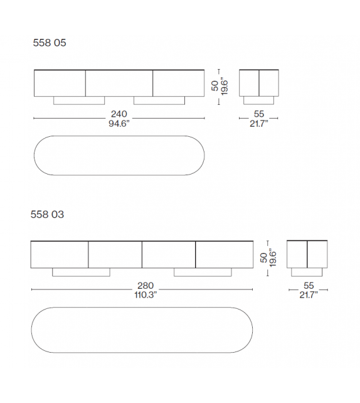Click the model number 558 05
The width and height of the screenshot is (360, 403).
click(49, 43)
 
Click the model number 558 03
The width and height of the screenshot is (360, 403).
click(47, 215)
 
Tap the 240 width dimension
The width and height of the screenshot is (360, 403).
click(119, 114)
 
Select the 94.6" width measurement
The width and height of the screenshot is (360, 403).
click(119, 123)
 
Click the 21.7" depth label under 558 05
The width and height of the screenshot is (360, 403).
click(258, 123)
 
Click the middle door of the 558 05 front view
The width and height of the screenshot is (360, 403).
click(119, 83)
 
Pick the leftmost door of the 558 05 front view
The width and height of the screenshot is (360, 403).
click(60, 83)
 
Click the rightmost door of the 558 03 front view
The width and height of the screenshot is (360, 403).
click(225, 254)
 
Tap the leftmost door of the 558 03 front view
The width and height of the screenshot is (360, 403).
click(60, 254)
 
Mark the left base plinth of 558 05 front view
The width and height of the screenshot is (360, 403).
click(79, 100)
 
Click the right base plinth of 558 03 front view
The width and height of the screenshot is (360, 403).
click(203, 272)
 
